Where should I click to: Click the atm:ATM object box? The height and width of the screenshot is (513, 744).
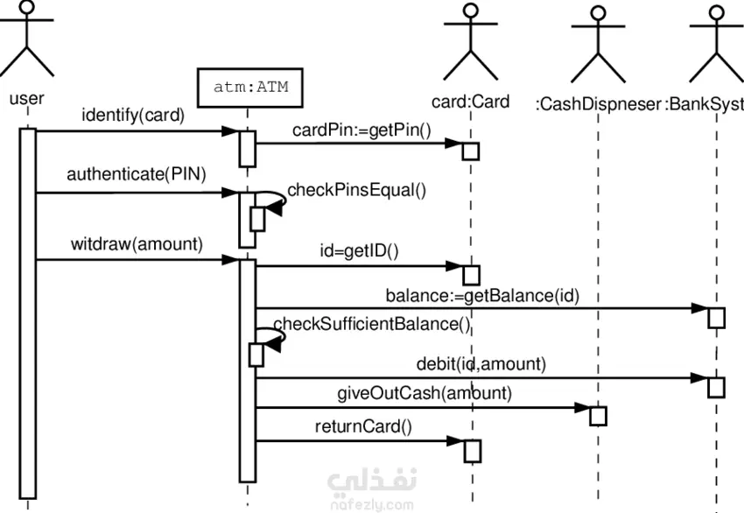[250, 88]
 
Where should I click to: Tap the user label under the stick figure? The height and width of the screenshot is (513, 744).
[26, 98]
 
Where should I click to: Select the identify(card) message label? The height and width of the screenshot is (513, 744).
[133, 115]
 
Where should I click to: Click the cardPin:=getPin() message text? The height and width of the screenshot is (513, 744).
[362, 130]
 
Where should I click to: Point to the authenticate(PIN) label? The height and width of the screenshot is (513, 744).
[136, 173]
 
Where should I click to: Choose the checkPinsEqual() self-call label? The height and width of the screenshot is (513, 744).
[357, 189]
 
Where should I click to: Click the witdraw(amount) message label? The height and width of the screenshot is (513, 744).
[137, 244]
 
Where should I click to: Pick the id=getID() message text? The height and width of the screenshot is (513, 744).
[359, 253]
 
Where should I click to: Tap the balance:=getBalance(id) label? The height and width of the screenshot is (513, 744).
[482, 295]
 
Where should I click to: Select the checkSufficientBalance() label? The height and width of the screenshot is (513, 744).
[373, 324]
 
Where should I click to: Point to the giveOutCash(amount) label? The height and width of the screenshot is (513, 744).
[425, 392]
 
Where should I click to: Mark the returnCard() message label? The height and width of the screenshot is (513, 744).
[363, 427]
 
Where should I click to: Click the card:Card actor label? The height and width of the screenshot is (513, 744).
[471, 102]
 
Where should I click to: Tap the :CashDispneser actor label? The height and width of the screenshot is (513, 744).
[599, 105]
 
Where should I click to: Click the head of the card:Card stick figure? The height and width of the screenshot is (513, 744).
[471, 11]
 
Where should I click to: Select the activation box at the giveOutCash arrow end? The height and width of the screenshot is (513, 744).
[598, 415]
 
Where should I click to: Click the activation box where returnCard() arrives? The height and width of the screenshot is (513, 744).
[473, 450]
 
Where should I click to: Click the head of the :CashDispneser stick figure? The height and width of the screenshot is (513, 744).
[598, 13]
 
